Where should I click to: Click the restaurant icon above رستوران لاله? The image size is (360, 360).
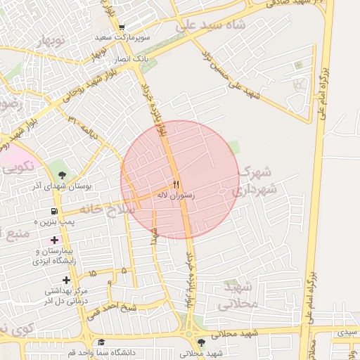click(x=176, y=184)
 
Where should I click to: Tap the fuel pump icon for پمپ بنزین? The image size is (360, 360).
click(x=53, y=211)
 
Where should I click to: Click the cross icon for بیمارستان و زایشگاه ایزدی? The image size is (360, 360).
click(x=53, y=240)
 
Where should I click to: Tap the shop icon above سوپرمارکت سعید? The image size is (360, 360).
click(x=122, y=27)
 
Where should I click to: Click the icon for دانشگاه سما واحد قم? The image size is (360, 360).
click(x=101, y=342)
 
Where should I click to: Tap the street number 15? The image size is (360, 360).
click(x=92, y=273)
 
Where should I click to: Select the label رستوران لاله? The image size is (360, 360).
click(x=176, y=194)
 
